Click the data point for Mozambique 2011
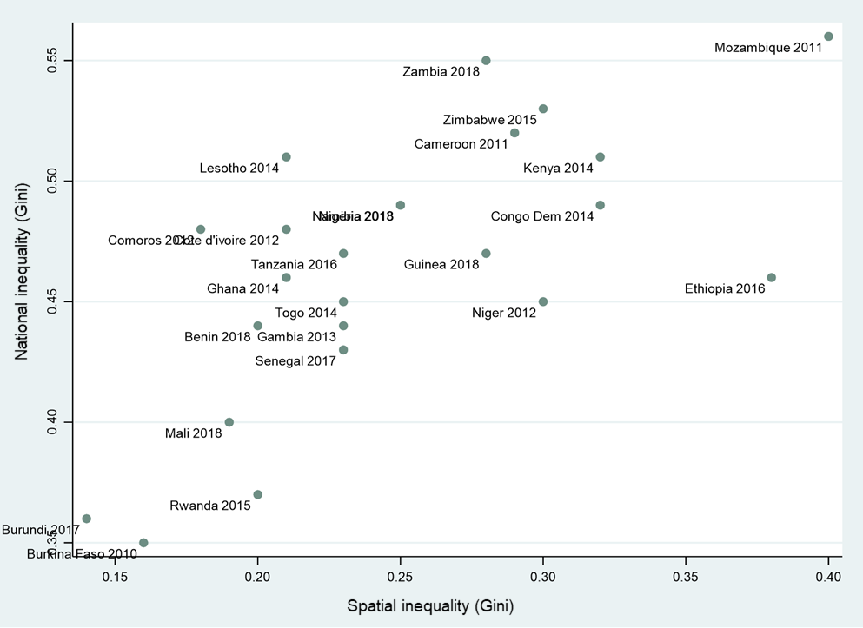(828, 36)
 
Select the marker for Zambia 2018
(486, 61)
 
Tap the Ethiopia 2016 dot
(771, 278)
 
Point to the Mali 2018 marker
(229, 422)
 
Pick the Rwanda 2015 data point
(257, 495)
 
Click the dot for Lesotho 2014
(286, 157)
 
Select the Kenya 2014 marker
(600, 157)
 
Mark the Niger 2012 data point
(543, 301)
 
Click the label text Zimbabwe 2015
(489, 120)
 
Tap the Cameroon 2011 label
(461, 144)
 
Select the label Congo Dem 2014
(542, 216)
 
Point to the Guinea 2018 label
(441, 264)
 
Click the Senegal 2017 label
(295, 360)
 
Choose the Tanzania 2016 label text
(294, 264)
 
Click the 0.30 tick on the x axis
(543, 576)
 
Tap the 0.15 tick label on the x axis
(115, 576)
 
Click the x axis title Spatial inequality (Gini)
(430, 605)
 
